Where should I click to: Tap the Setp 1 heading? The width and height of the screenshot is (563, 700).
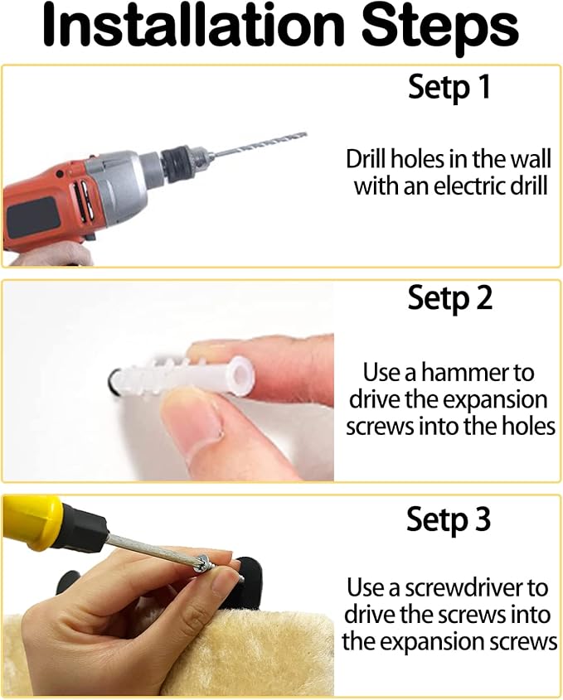tap(449, 87)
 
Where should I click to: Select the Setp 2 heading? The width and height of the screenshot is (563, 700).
tap(450, 297)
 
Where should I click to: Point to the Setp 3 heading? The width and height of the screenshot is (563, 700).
tap(449, 519)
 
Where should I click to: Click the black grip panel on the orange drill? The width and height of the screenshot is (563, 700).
tap(33, 217)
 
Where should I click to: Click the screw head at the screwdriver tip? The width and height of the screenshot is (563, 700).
tap(203, 565)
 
